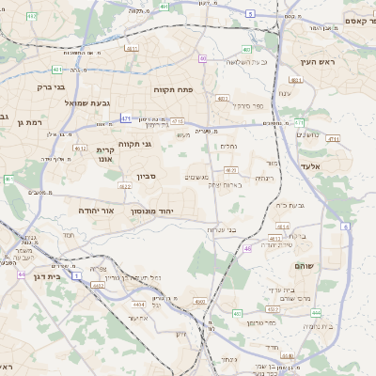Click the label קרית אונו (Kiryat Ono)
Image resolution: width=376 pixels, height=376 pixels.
coord(104,154)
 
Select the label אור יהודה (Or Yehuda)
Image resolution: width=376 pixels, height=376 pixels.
coord(96,211)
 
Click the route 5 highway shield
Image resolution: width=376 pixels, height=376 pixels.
coord(250,13)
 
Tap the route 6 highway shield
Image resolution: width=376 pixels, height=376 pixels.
coord(346,227)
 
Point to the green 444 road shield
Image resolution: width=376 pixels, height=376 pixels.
coord(316,313)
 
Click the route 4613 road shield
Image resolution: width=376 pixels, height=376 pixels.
coord(281,227)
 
